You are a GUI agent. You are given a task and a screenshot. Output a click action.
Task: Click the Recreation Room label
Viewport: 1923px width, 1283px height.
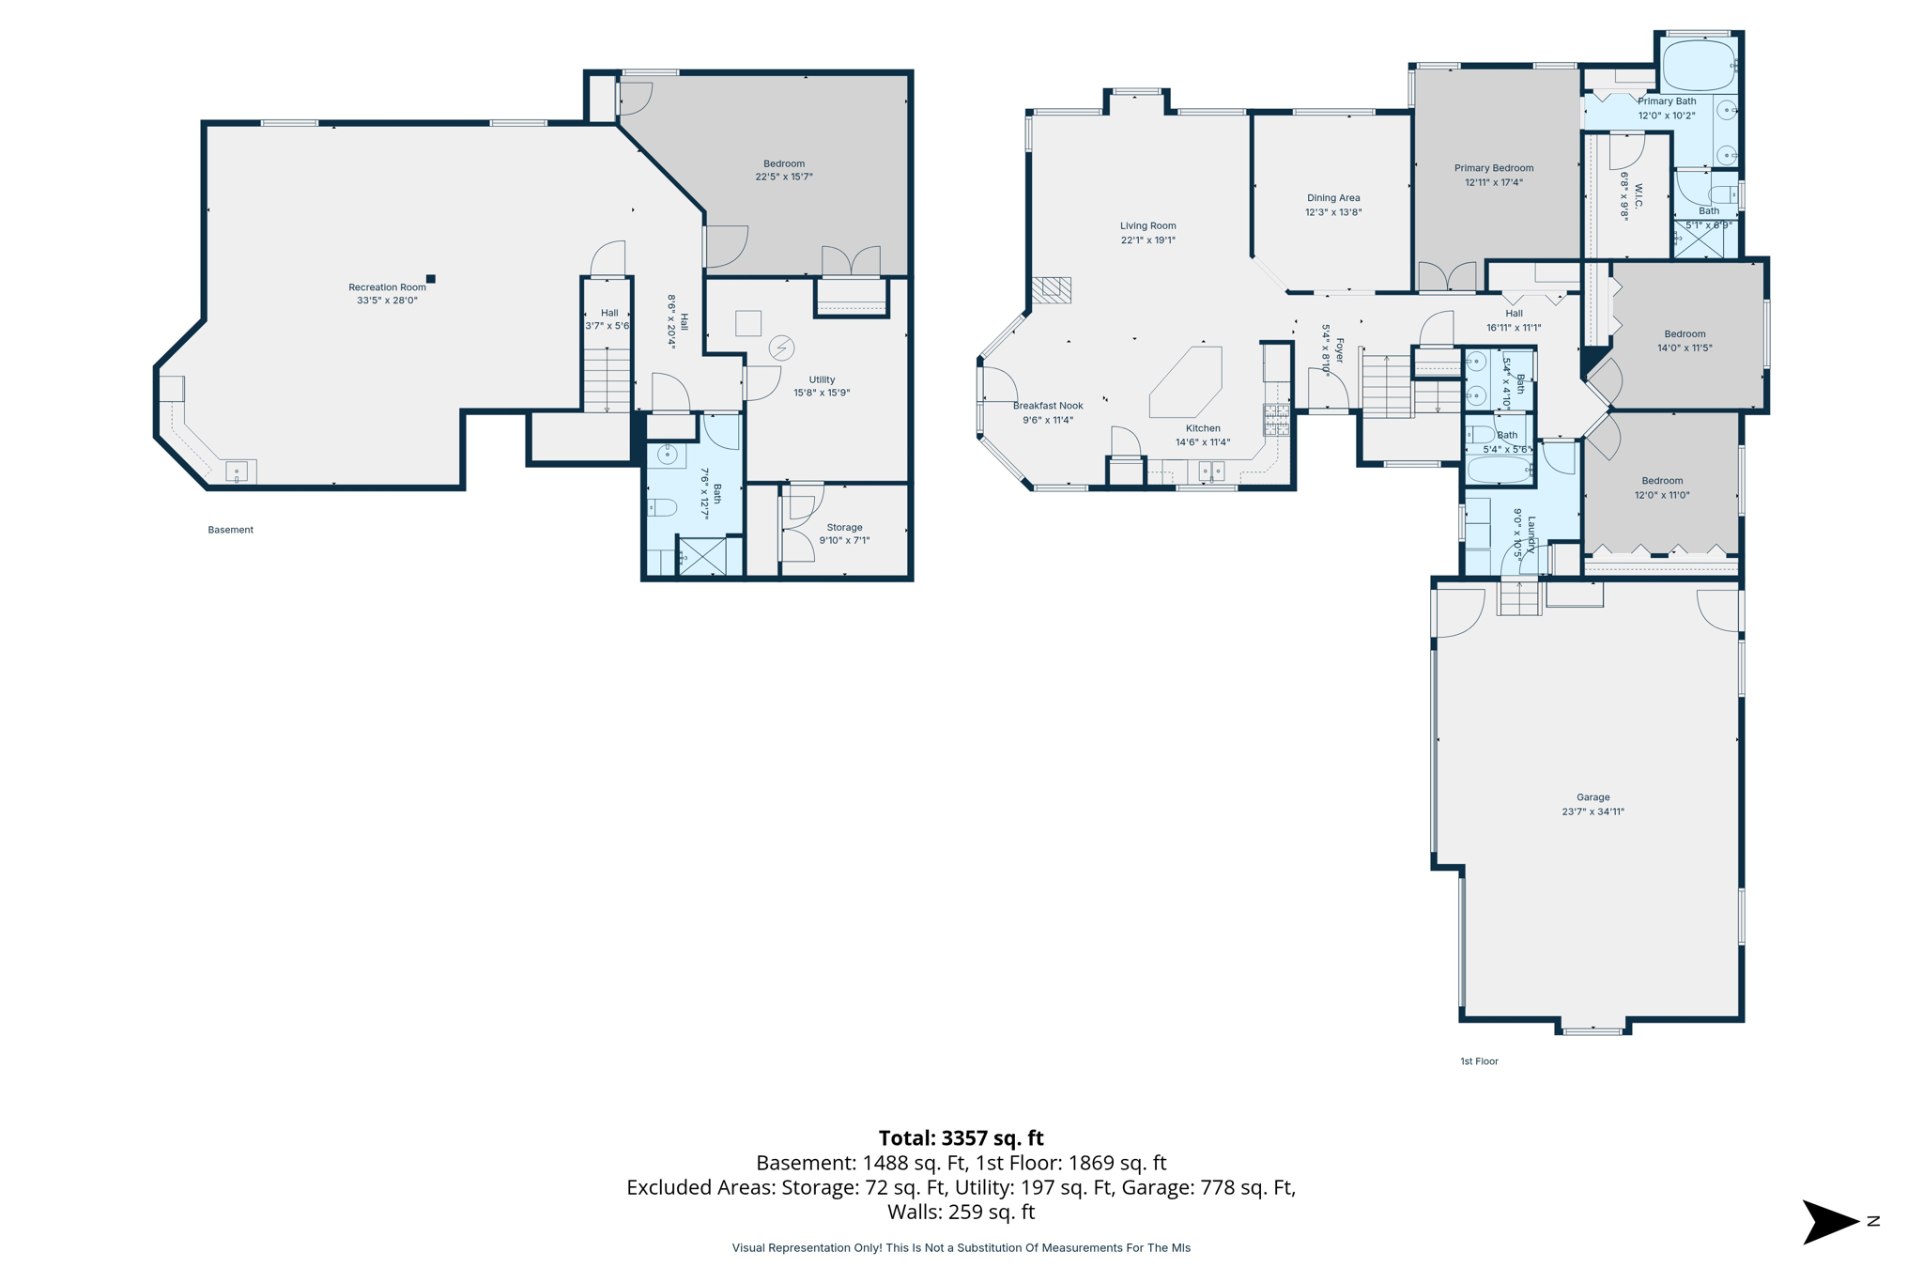pos(387,287)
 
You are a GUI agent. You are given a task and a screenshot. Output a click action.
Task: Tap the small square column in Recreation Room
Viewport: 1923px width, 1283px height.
pos(431,279)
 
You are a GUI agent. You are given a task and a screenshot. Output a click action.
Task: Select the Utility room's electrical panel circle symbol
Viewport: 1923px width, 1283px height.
pos(781,348)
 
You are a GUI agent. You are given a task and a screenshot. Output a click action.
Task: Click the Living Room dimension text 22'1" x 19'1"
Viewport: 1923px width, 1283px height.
pos(1147,240)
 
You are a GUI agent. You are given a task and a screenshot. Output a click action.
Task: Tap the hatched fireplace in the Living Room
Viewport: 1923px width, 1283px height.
pos(1052,289)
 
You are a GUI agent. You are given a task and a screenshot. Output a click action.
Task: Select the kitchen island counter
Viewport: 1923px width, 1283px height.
pos(1186,382)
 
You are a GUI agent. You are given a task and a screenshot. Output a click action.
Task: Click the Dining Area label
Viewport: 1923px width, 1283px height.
pos(1333,198)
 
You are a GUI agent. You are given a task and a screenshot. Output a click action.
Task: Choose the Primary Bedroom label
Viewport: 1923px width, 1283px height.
pos(1493,169)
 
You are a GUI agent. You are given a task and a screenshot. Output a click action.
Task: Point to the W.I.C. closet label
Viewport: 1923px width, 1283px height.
pos(1638,195)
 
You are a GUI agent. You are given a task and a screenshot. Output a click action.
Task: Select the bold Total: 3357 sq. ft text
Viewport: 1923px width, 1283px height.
pos(961,1138)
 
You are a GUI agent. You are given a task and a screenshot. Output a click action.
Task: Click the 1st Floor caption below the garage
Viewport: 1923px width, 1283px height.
pos(1479,1061)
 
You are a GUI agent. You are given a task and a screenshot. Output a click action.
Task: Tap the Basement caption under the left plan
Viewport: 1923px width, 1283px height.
pos(230,530)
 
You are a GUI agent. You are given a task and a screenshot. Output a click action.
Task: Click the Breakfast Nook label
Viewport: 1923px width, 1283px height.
pos(1048,406)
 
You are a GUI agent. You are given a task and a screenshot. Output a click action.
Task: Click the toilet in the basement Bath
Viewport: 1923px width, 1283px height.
pos(663,508)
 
